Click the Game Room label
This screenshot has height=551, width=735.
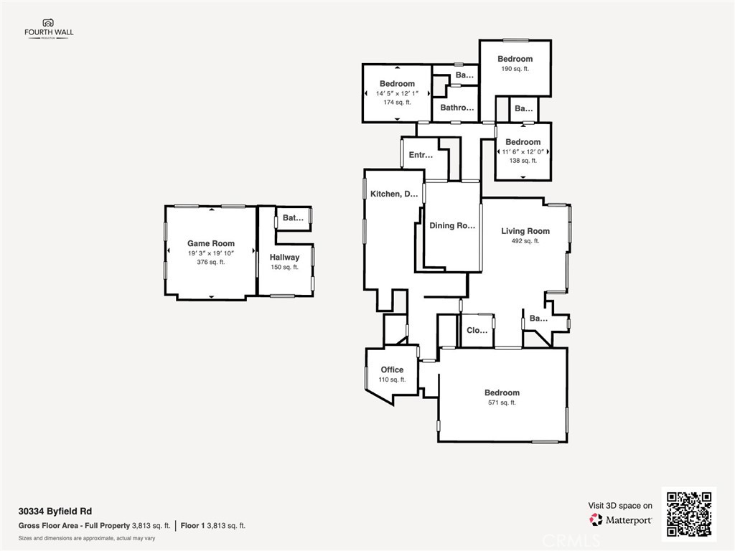coord(210,243)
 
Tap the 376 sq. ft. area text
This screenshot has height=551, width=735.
coord(210,262)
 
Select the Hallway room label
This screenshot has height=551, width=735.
coord(284,257)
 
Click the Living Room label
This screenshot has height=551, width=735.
coord(525,231)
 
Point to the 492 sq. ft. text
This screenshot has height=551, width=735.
coord(525,241)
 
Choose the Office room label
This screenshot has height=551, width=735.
coord(392,369)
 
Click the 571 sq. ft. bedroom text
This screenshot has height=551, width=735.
coord(501,402)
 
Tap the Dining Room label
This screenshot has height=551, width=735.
coord(452,225)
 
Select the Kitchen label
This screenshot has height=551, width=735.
coord(394,194)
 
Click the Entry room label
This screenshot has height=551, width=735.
coord(421,154)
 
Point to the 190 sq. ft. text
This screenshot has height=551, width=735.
coord(515,69)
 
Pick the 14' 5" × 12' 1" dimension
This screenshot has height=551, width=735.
coord(397,93)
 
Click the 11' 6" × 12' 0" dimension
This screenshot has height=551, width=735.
coord(523,151)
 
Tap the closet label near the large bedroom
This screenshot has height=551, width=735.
coord(477,331)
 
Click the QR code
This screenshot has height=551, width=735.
coord(688,513)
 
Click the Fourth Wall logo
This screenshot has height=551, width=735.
coord(49,29)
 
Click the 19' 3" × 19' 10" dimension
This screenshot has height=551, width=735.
coord(210,253)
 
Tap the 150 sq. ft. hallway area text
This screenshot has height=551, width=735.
coord(284,267)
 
